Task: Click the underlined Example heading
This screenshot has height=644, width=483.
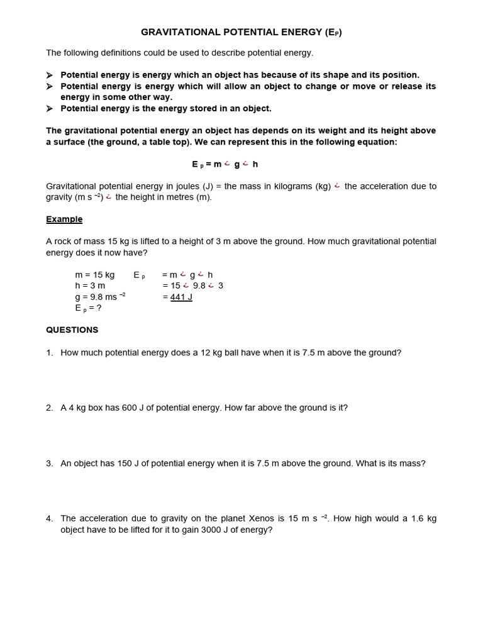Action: tap(64, 219)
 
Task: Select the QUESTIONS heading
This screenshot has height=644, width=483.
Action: tap(72, 330)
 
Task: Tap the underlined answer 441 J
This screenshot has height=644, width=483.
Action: tap(181, 297)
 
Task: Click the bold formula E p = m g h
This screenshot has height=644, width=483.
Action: tap(225, 164)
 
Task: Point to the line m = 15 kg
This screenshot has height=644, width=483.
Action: tap(94, 275)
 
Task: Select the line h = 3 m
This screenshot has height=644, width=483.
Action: tap(90, 286)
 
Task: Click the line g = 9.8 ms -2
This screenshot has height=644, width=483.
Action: tap(100, 297)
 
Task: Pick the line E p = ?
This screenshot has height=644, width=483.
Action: tap(88, 308)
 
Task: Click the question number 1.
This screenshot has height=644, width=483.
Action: tap(49, 353)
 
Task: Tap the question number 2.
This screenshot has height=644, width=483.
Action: tap(49, 408)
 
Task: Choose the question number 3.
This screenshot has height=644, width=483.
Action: tap(49, 464)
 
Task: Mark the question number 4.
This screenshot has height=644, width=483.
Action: tap(49, 519)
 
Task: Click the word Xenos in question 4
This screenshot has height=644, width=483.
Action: tap(260, 519)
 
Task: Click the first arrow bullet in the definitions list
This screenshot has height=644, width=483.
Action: tap(50, 75)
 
